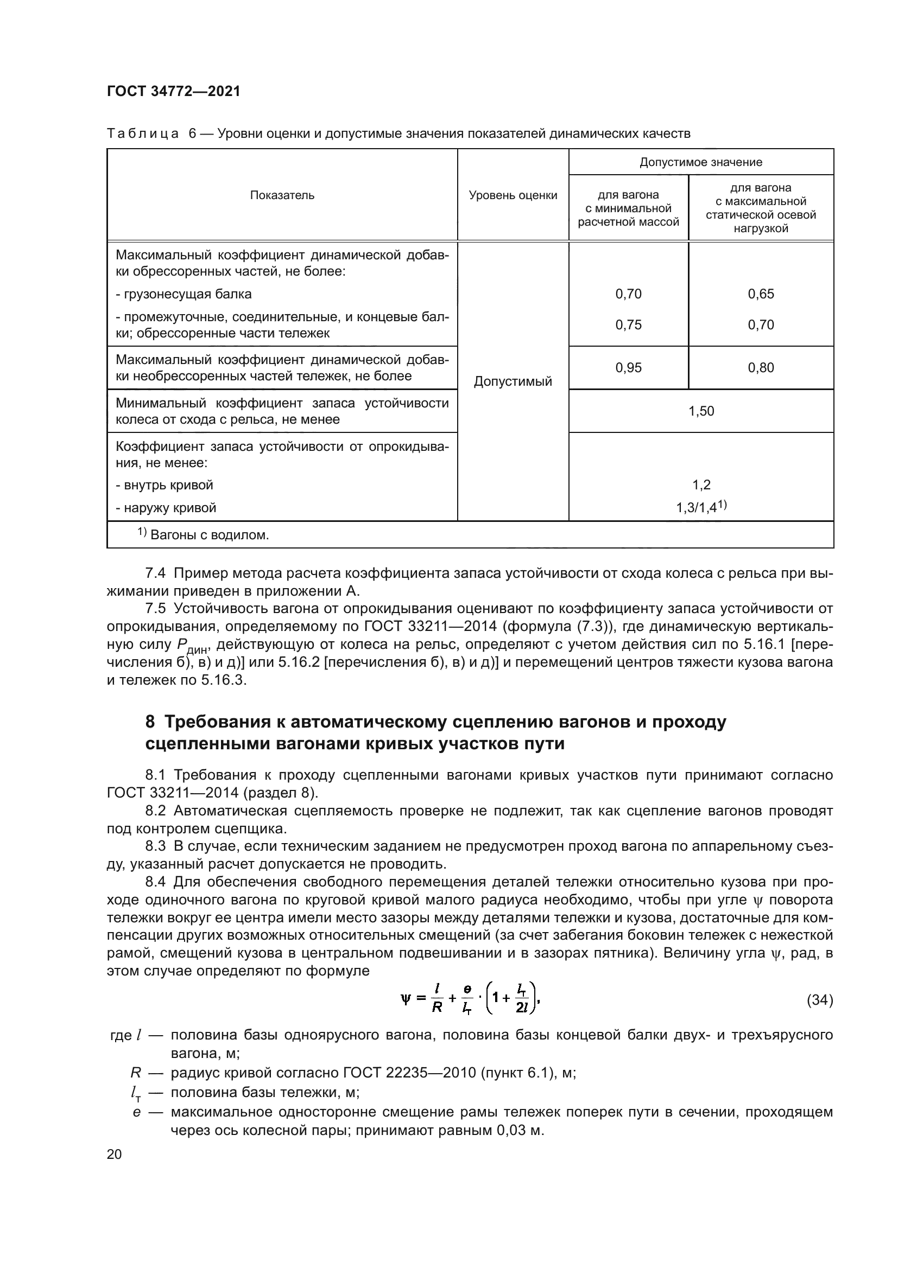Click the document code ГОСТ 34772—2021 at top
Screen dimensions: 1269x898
173,91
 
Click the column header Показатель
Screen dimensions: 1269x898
282,195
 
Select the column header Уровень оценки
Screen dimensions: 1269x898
513,195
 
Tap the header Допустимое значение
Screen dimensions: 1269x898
700,162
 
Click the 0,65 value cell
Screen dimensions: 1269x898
761,294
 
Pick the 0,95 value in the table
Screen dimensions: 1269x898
628,368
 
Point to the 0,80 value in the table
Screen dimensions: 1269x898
761,368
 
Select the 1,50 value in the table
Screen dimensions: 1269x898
700,411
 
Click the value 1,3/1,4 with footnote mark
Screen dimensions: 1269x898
700,507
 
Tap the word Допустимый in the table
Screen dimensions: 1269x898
513,381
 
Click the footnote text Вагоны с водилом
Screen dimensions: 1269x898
209,535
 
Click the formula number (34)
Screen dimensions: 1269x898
819,1000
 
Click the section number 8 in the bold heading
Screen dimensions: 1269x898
150,722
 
